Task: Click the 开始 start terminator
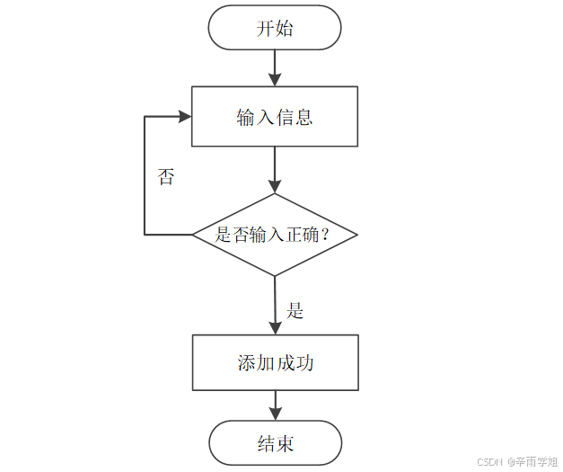[x=275, y=28]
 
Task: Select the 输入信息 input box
[x=275, y=117]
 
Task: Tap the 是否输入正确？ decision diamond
[x=275, y=235]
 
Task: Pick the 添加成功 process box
[x=275, y=363]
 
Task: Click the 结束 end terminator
[x=275, y=444]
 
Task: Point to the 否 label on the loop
[x=166, y=176]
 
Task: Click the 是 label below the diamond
[x=295, y=311]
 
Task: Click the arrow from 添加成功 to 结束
[x=275, y=406]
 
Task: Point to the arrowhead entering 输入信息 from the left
[x=185, y=117]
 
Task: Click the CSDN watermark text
[x=488, y=461]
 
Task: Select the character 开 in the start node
[x=266, y=28]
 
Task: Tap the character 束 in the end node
[x=285, y=444]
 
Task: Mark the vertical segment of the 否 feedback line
[x=145, y=176]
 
